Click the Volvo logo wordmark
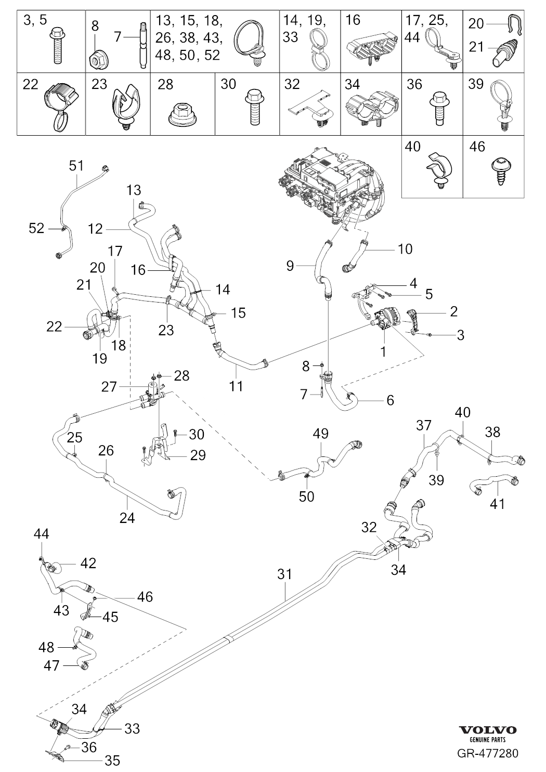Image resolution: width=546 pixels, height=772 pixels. click(488, 730)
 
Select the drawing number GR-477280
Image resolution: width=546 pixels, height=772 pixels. click(487, 753)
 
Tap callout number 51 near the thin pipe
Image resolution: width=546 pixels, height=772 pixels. click(76, 166)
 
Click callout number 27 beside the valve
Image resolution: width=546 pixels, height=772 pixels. click(109, 387)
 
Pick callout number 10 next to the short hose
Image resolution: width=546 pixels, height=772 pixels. click(405, 249)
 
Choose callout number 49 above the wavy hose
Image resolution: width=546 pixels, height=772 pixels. click(320, 434)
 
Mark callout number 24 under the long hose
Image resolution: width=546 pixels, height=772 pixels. click(127, 518)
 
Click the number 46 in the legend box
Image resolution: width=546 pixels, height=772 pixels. click(477, 147)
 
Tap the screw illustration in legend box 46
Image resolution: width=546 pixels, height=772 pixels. click(501, 172)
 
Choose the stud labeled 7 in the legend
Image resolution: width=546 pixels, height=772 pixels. click(142, 46)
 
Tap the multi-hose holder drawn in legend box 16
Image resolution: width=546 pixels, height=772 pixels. click(371, 50)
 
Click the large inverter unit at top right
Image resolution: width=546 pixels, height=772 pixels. click(333, 187)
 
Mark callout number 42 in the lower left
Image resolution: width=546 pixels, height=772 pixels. click(88, 564)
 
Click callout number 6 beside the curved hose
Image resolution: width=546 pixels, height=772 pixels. click(390, 400)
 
